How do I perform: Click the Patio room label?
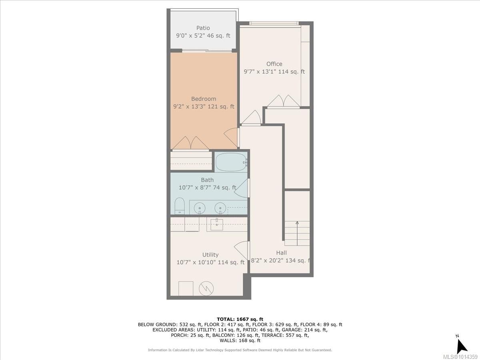(203, 28)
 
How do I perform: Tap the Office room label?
(274, 64)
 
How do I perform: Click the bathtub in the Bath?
(230, 162)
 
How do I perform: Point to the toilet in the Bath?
(179, 206)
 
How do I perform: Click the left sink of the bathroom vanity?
(199, 208)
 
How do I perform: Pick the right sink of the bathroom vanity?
(220, 208)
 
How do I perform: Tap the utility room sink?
(217, 224)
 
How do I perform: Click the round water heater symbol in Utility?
(206, 288)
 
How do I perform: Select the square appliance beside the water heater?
(186, 288)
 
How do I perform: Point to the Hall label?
(281, 253)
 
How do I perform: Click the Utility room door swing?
(241, 250)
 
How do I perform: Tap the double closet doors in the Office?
(283, 101)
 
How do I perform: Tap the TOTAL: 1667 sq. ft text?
(240, 319)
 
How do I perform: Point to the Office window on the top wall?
(274, 23)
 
